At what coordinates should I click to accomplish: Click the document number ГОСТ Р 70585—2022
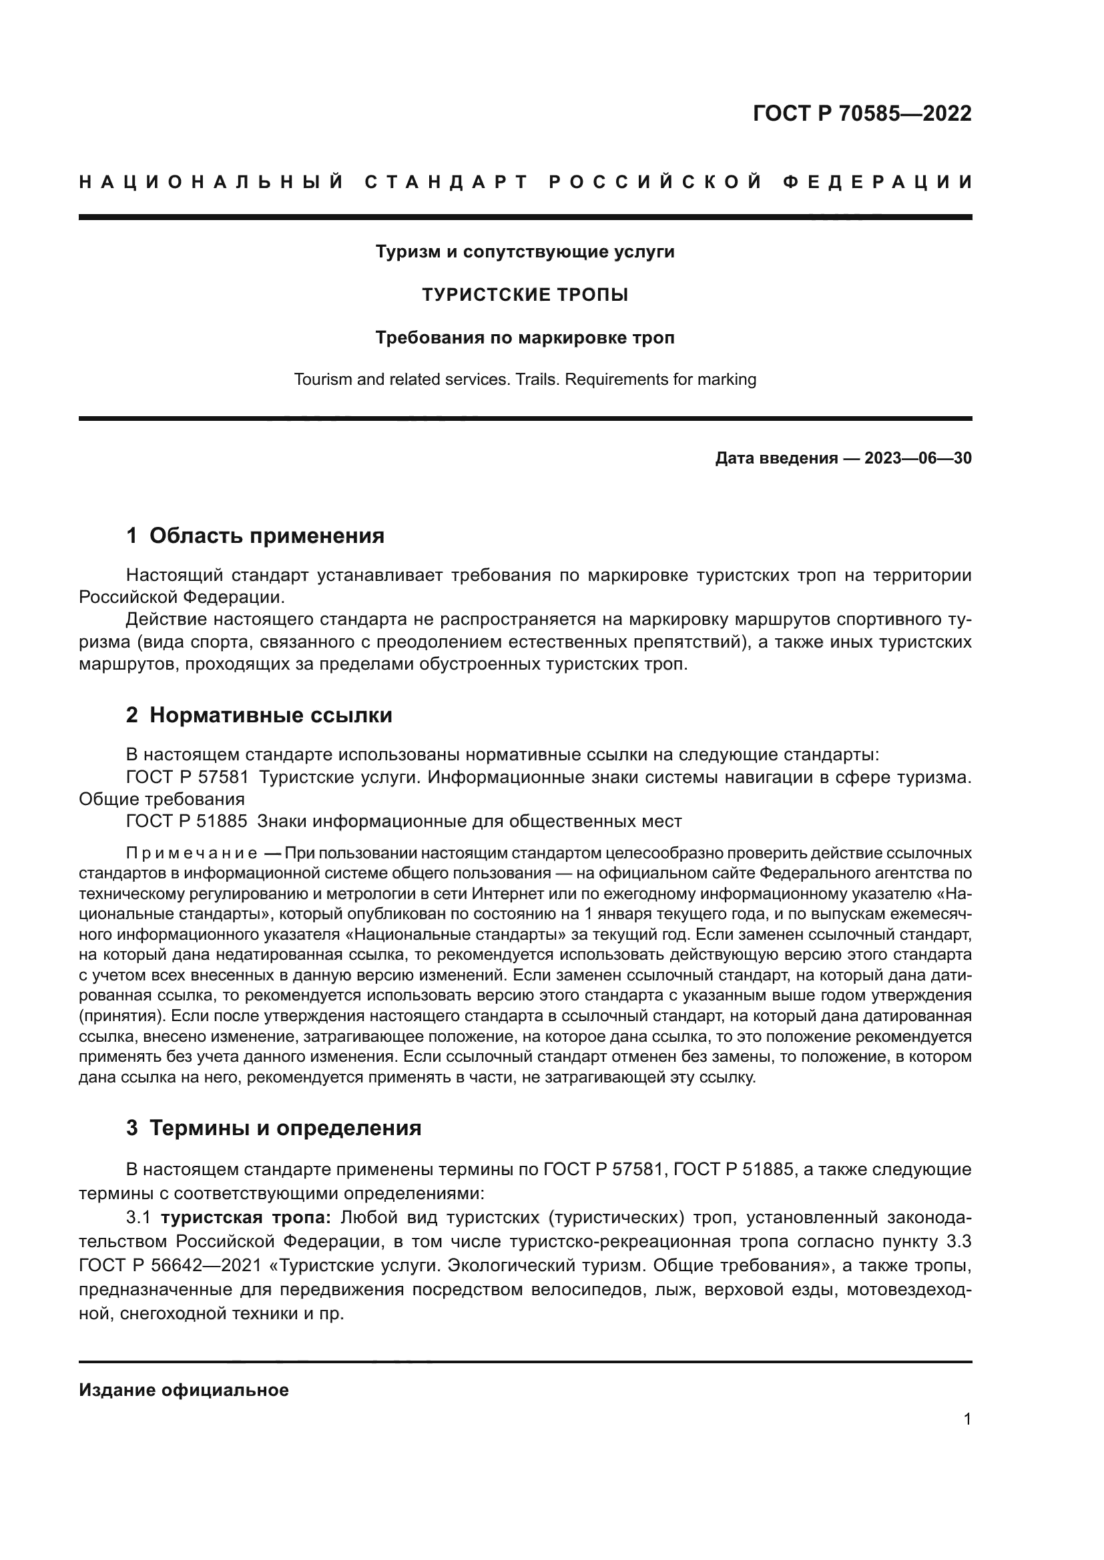point(862,113)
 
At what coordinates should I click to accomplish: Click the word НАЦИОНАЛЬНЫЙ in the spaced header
point(212,182)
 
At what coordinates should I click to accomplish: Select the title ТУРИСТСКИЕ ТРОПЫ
point(525,295)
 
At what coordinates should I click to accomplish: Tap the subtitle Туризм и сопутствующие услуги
point(525,252)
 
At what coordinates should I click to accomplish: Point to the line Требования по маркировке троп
point(525,337)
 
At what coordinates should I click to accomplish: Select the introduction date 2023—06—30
point(918,459)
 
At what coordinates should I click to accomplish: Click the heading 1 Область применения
point(255,536)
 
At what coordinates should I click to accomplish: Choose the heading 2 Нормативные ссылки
point(259,716)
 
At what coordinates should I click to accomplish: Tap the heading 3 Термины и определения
point(273,1128)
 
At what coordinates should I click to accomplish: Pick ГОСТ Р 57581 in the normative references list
point(187,777)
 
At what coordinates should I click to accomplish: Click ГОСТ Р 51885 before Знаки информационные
point(187,822)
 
